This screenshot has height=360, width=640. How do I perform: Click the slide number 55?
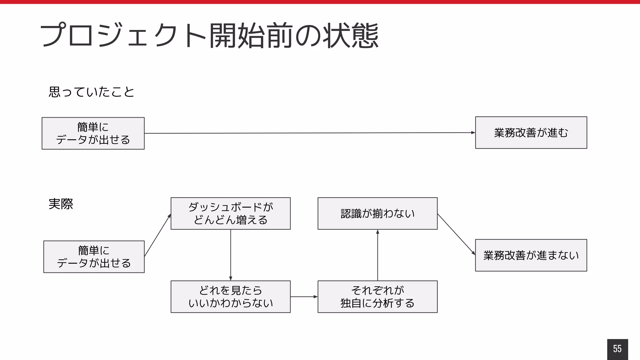pyautogui.click(x=617, y=349)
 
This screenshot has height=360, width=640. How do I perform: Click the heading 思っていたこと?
pyautogui.click(x=91, y=92)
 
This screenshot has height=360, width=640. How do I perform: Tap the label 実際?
pyautogui.click(x=61, y=204)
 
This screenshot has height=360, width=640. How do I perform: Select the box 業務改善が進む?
pyautogui.click(x=531, y=132)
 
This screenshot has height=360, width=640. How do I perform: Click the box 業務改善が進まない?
pyautogui.click(x=531, y=255)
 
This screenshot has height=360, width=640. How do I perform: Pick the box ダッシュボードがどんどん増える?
pyautogui.click(x=230, y=213)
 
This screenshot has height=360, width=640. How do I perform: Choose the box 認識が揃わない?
pyautogui.click(x=377, y=213)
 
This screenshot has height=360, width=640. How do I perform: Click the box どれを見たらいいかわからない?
pyautogui.click(x=230, y=297)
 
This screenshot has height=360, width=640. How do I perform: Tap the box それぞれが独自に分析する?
pyautogui.click(x=377, y=297)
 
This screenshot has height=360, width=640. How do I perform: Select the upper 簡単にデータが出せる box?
pyautogui.click(x=93, y=133)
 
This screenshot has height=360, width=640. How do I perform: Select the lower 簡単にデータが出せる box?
pyautogui.click(x=94, y=257)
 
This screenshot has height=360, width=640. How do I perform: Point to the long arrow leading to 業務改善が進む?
pyautogui.click(x=309, y=133)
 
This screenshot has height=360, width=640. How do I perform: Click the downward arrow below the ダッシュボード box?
pyautogui.click(x=231, y=255)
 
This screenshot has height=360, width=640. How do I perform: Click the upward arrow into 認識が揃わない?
pyautogui.click(x=377, y=255)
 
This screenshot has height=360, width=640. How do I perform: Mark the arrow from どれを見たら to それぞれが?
pyautogui.click(x=304, y=297)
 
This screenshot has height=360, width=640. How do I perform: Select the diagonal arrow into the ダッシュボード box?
pyautogui.click(x=157, y=235)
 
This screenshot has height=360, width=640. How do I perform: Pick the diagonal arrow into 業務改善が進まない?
pyautogui.click(x=456, y=234)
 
